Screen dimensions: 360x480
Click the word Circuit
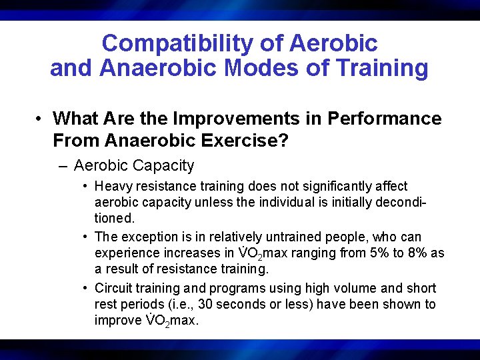pos(113,289)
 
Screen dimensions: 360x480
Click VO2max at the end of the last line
pos(173,321)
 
